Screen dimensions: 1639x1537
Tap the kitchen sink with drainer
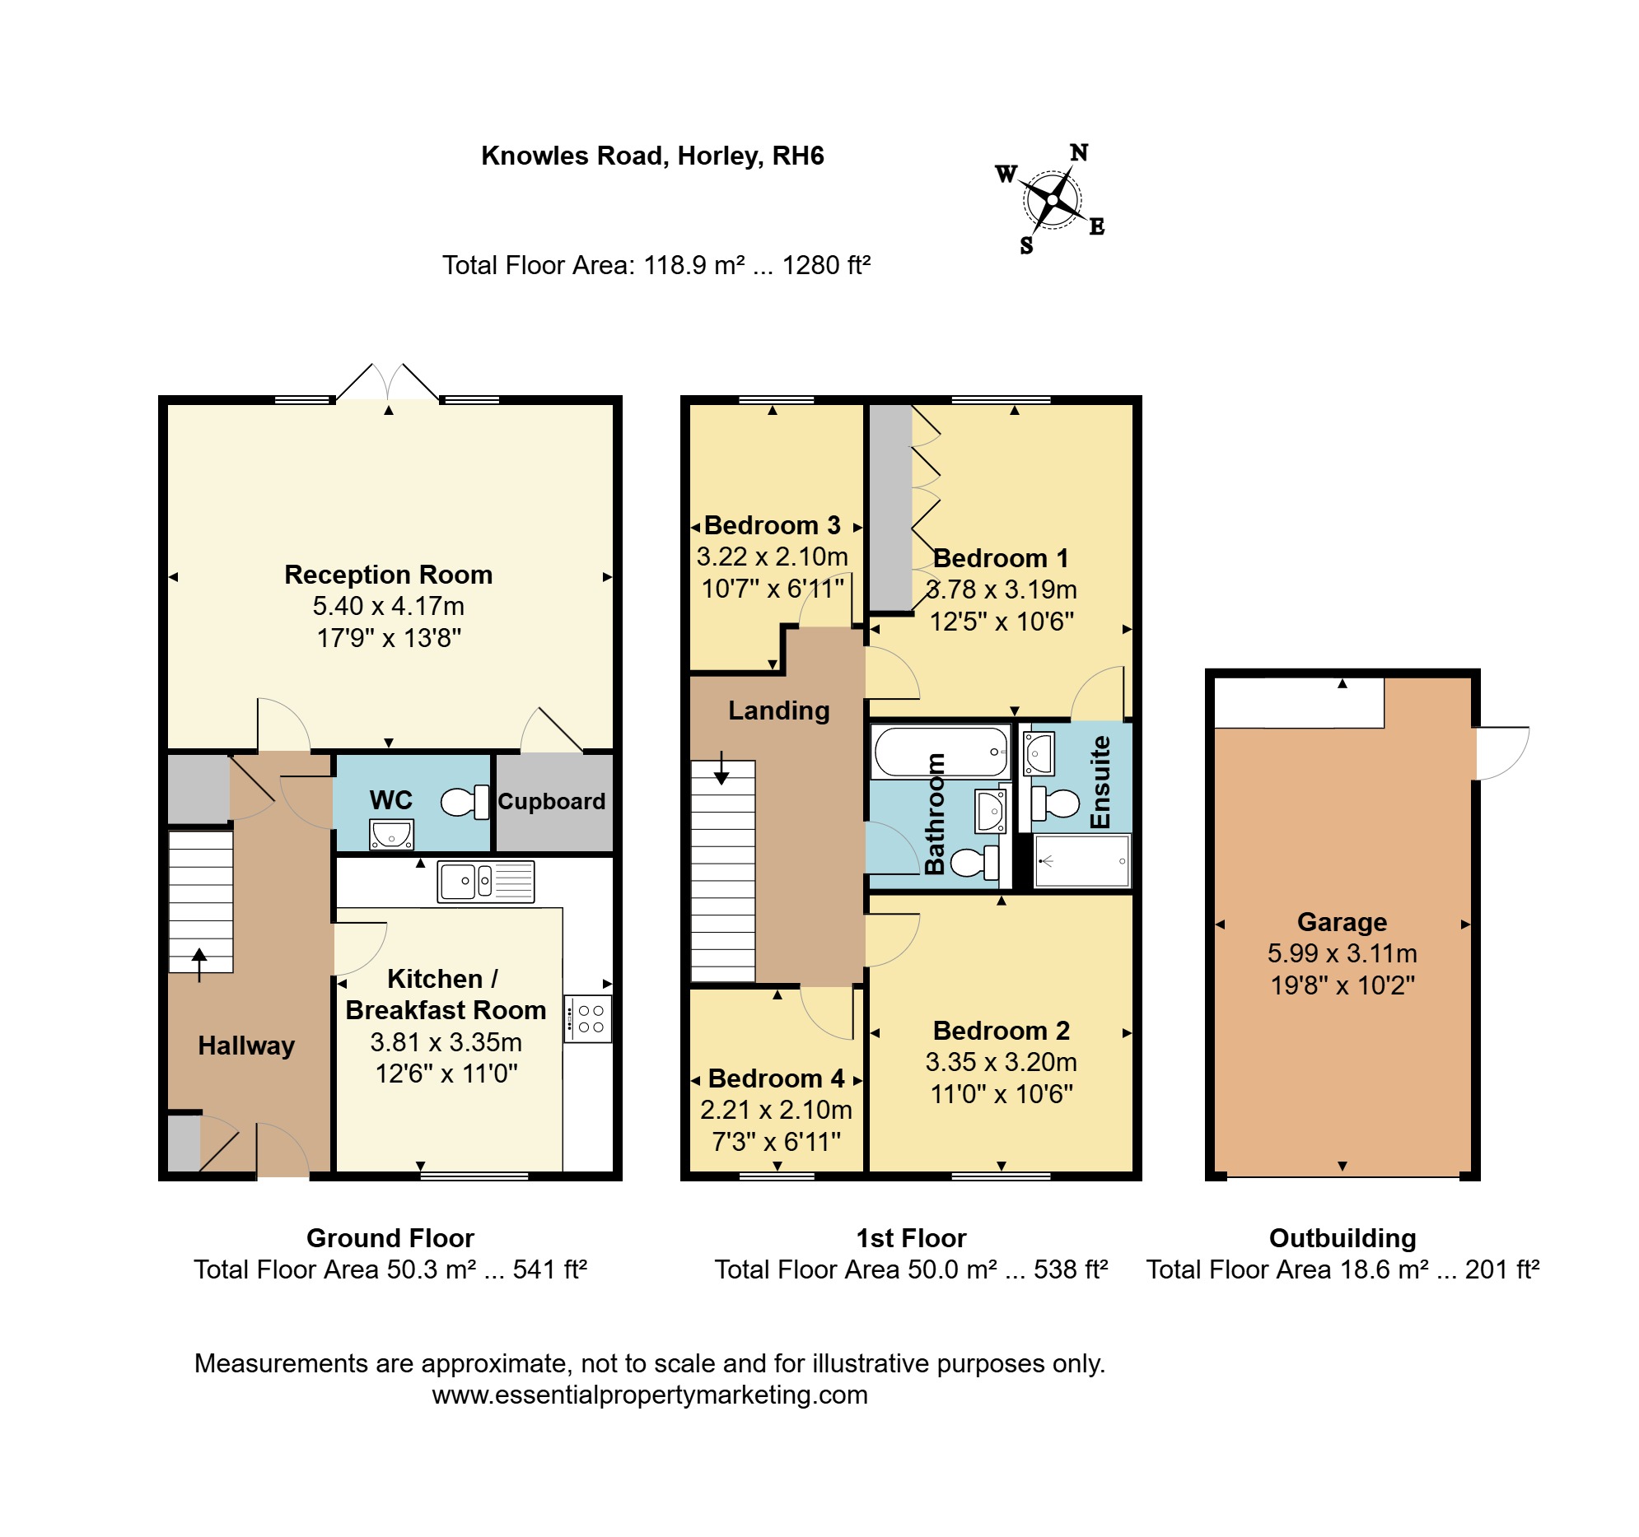[x=486, y=881]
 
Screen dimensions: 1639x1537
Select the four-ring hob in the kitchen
[x=588, y=1019]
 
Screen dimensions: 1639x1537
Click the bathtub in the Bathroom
[x=941, y=751]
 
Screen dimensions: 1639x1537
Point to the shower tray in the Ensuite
[x=1081, y=861]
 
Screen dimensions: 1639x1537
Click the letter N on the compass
[x=1079, y=152]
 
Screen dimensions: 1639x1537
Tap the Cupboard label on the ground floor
[x=552, y=801]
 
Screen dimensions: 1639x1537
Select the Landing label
[x=778, y=710]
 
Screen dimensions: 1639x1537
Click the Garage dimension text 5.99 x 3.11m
[x=1342, y=953]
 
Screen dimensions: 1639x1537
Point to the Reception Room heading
[x=388, y=575]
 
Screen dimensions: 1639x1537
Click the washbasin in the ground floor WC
[x=391, y=835]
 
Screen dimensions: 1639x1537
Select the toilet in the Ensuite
[x=1054, y=803]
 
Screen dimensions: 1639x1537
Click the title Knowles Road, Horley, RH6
[x=652, y=156]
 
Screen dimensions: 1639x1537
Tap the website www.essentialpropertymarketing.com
[x=650, y=1395]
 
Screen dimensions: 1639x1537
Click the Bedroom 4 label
[x=776, y=1078]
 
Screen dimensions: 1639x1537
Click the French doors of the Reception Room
[x=387, y=382]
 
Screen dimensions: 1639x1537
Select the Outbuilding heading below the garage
[x=1342, y=1238]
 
